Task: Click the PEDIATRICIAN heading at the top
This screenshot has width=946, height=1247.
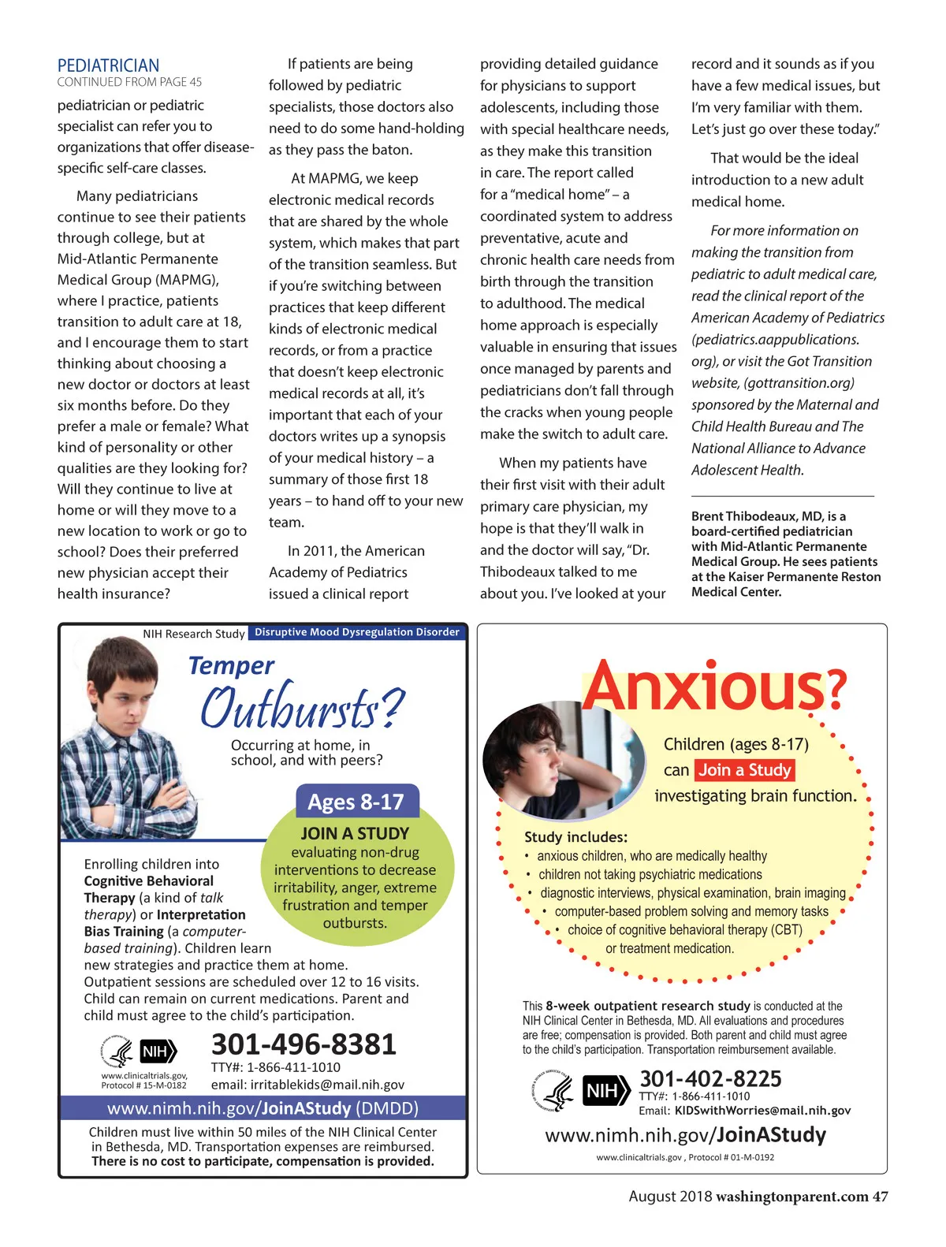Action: coord(108,65)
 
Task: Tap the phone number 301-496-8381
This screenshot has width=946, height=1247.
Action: coord(304,1044)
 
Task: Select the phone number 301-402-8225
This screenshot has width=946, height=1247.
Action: coord(710,1078)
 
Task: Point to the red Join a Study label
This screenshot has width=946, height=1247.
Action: coord(745,770)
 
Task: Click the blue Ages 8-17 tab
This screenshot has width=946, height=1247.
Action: coord(356,802)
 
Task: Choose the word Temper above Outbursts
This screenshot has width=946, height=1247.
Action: coord(231,666)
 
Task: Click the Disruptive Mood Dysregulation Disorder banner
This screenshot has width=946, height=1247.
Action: coord(357,632)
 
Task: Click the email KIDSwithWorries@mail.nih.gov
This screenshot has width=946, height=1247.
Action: coord(762,1111)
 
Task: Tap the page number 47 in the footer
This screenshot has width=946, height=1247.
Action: coord(880,1197)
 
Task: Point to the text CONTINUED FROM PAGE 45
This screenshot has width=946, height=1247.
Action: coord(129,82)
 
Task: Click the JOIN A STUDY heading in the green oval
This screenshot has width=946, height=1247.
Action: coord(355,833)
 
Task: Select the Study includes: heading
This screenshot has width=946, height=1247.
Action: coord(575,837)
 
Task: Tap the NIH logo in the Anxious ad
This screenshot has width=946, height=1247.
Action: coord(605,1091)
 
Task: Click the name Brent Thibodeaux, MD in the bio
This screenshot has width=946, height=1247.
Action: coord(757,516)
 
